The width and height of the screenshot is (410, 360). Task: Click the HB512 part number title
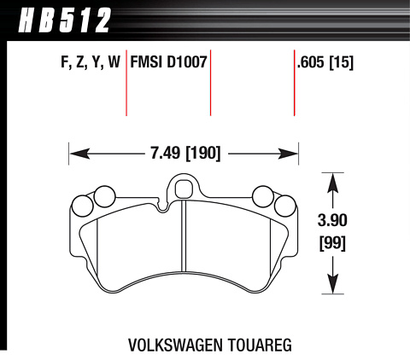(64, 20)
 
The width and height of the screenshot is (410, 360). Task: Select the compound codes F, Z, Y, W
(91, 62)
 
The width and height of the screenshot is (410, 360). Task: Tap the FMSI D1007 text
(168, 62)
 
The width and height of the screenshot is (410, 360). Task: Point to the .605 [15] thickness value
(325, 62)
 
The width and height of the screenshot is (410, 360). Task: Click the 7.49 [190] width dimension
(185, 154)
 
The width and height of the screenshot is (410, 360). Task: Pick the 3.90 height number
(332, 220)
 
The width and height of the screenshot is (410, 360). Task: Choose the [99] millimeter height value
(332, 244)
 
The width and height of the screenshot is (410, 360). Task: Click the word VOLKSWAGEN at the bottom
(175, 345)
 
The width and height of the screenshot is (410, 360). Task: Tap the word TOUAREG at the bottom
(259, 345)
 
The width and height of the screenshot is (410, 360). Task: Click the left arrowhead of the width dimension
(79, 154)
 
